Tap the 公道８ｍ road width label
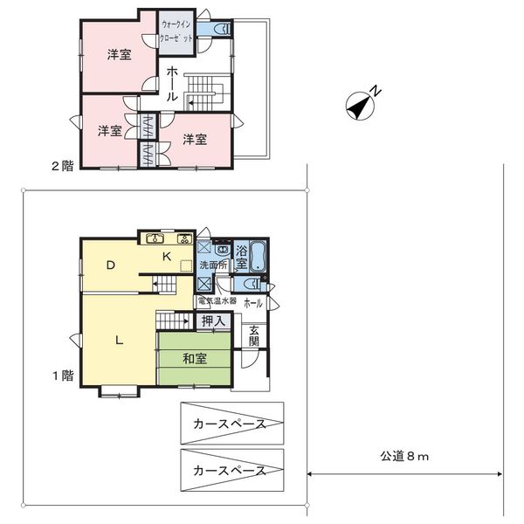coord(404,456)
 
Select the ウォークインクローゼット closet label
coord(176,31)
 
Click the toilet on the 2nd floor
coord(222,29)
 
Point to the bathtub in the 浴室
coord(258,256)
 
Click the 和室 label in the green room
coord(195,358)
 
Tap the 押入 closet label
coord(213,321)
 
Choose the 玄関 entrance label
coord(253,336)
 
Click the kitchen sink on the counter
coord(155,238)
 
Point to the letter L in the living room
coord(119,341)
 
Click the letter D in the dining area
coord(110,265)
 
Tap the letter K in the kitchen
coord(167,256)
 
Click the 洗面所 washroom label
coord(213,265)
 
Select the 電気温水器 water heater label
coord(217,300)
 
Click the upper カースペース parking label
coord(230,424)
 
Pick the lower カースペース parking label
coord(230,471)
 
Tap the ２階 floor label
coord(63,166)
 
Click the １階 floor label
coord(63,376)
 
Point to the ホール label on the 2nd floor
coord(172,84)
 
